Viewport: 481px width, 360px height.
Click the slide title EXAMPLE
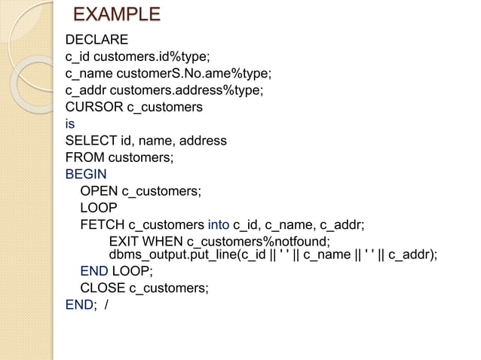pos(117,15)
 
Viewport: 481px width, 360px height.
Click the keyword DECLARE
pos(97,40)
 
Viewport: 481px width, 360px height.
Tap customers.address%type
pos(196,90)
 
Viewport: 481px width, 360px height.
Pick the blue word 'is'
pos(70,124)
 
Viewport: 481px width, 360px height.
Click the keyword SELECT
pos(90,141)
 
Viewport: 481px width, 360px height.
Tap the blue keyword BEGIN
pos(86,174)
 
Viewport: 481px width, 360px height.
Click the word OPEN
pos(99,191)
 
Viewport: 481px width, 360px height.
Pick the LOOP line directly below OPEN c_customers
pos(99,208)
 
